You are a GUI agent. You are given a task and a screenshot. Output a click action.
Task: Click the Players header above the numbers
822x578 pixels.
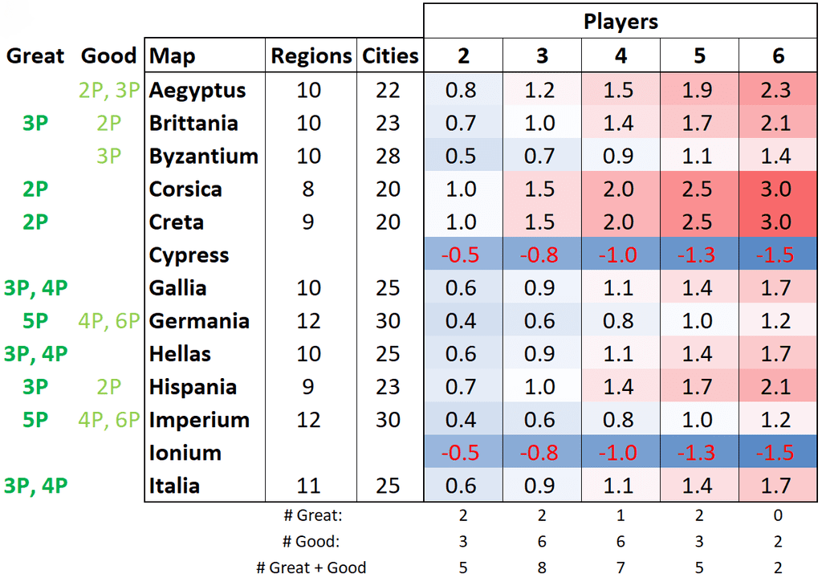[621, 21]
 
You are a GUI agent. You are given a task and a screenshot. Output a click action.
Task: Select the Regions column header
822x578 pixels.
[311, 56]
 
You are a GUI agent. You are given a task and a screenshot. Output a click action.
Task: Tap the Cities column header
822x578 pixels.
[390, 56]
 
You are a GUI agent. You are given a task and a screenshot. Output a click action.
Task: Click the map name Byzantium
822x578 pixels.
[203, 156]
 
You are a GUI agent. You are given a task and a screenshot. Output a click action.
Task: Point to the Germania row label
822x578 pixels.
[198, 321]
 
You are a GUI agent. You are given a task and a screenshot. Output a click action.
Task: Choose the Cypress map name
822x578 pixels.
[189, 255]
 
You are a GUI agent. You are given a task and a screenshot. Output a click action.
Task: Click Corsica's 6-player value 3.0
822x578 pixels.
[776, 189]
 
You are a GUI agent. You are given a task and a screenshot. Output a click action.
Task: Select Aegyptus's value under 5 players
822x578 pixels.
[698, 90]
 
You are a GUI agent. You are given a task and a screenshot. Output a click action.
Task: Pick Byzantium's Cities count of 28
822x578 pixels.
[388, 156]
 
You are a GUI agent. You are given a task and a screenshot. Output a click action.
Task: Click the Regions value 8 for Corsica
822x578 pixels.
[309, 189]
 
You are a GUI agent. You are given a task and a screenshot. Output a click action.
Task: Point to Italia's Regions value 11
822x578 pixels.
[309, 486]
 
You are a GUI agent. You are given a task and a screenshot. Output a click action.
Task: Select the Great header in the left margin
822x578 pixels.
[35, 56]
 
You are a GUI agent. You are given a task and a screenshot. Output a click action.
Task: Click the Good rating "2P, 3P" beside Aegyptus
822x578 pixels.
[110, 90]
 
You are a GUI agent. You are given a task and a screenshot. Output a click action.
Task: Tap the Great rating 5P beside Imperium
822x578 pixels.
[35, 420]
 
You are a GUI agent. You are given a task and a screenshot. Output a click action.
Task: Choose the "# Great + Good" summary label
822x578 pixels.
[311, 568]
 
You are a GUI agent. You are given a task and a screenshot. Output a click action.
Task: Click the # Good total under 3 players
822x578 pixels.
[541, 542]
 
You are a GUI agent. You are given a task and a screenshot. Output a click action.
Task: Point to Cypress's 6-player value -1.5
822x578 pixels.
[776, 255]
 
